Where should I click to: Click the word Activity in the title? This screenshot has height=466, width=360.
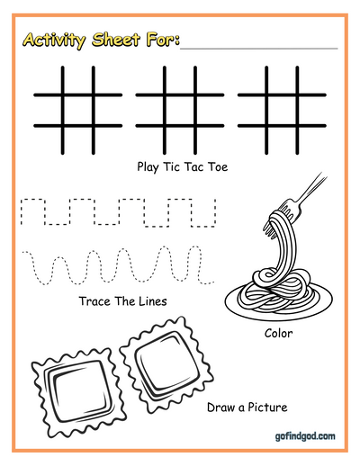coord(54,40)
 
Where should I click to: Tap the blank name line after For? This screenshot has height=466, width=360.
coord(259,48)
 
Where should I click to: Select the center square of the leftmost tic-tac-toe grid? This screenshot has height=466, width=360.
coord(78,111)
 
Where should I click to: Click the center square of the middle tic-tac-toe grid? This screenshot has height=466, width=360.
coord(180,111)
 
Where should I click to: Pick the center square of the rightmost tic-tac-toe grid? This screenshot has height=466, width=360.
coord(282,111)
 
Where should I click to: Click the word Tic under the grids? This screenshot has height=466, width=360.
coord(171,166)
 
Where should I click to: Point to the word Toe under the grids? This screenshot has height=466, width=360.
coord(218,166)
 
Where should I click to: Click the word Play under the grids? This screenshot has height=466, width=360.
coord(148,167)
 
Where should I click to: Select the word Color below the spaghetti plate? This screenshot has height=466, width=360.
coord(278,333)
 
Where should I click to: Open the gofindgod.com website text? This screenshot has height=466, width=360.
coord(305,436)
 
